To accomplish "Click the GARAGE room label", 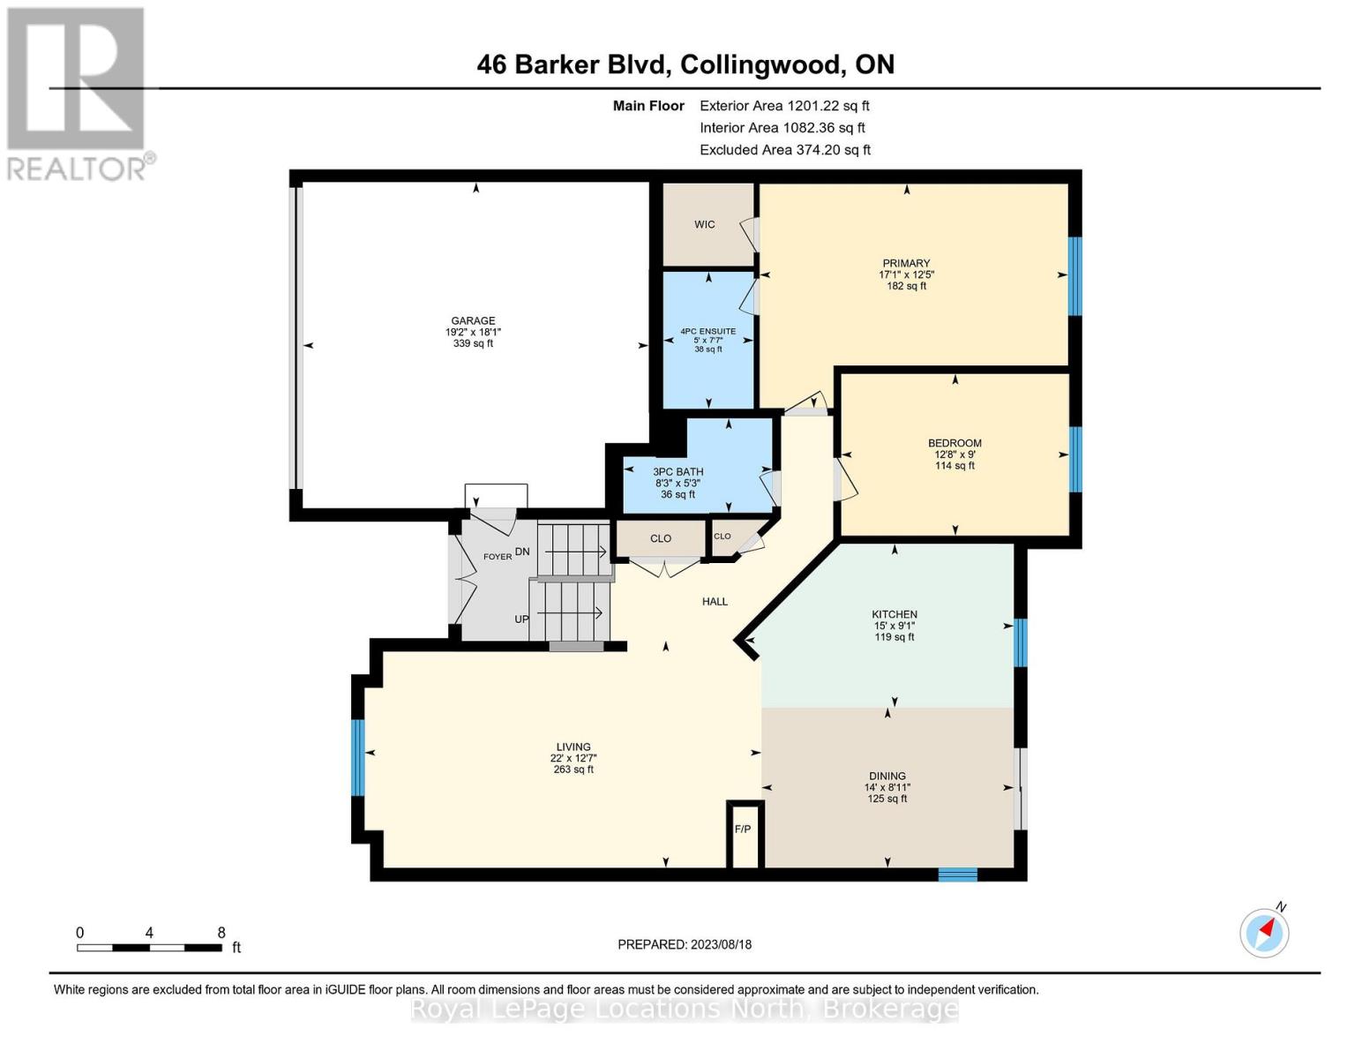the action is coord(473,320).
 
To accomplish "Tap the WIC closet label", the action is coord(704,224).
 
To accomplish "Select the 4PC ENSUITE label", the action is coord(708,331).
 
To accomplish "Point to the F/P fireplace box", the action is coord(745,835).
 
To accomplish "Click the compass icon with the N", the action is coord(1264,932).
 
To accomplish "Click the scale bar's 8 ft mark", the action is coord(221,933).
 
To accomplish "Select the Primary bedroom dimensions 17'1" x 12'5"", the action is coord(906,274).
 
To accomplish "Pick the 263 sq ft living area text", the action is coord(573,770).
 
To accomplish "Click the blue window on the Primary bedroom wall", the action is coord(1075,275).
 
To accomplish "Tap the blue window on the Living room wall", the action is coord(357,757).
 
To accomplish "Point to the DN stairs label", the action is coord(522,552).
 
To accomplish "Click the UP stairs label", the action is coord(521,620).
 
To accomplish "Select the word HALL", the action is coord(715,602).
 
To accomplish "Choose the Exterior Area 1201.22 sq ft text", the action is coord(784,106).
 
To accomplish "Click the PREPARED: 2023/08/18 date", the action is coord(685,945).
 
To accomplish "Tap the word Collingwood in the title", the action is coord(761,65).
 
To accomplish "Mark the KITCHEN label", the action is coord(894,614).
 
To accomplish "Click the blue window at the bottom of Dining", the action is coord(957,875).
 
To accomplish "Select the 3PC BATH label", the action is coord(678,472).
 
